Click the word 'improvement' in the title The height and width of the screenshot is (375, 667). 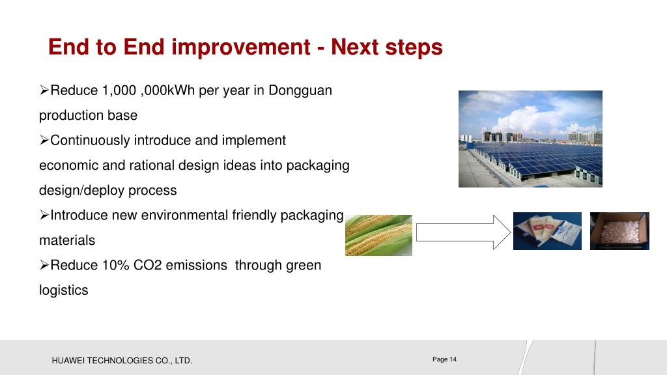(x=241, y=47)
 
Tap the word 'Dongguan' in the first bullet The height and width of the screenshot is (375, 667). (x=300, y=91)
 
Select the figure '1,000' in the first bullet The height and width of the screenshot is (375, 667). (x=119, y=90)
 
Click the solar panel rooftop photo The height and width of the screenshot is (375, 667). (x=530, y=139)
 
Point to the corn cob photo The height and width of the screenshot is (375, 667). (x=378, y=235)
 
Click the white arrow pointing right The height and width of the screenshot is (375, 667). (x=463, y=232)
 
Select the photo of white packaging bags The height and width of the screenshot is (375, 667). (x=547, y=231)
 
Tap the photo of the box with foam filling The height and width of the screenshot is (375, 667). (x=619, y=231)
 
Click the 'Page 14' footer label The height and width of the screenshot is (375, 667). (x=444, y=359)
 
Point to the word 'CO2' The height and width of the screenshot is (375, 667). (x=148, y=266)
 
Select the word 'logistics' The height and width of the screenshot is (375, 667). (x=64, y=290)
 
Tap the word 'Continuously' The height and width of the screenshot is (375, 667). (x=90, y=141)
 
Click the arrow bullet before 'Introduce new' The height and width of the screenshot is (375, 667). (x=44, y=215)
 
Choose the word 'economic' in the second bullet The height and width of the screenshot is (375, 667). (x=68, y=165)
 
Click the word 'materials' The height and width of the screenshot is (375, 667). (x=67, y=240)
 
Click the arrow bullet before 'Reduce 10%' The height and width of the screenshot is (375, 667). (x=44, y=266)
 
